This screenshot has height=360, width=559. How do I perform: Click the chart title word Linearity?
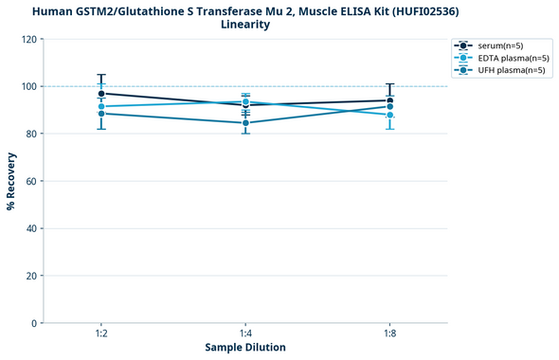click(245, 25)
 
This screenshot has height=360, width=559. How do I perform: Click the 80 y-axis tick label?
click(32, 135)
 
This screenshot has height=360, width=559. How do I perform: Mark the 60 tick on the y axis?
click(32, 181)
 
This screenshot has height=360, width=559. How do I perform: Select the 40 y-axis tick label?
click(32, 228)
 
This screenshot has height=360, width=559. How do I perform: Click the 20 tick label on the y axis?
click(32, 276)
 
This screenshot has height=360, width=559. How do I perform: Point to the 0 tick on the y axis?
click(35, 323)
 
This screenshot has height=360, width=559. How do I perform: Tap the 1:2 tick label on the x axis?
click(101, 334)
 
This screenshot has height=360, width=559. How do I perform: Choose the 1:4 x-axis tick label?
click(245, 334)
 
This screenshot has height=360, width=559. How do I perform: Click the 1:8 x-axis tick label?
click(389, 334)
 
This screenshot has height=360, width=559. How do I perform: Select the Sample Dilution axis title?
click(245, 348)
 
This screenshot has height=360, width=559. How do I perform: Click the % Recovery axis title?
click(11, 181)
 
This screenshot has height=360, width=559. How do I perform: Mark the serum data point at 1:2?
click(101, 94)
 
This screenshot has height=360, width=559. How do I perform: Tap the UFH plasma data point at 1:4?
click(245, 123)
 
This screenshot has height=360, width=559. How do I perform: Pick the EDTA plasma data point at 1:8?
click(389, 116)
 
